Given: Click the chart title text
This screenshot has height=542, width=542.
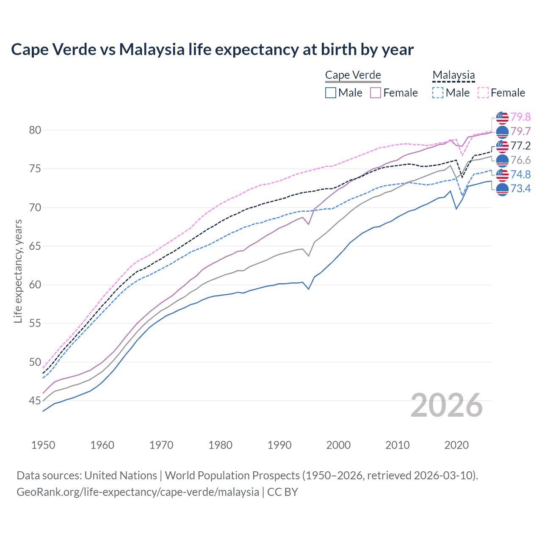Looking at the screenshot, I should (x=212, y=50).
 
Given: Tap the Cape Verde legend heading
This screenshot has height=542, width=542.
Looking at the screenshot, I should (x=353, y=75).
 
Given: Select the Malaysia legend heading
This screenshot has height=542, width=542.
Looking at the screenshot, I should (x=454, y=75).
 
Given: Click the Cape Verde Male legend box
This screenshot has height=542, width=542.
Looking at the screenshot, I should (x=331, y=93).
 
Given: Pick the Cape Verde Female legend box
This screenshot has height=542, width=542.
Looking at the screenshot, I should (x=376, y=93).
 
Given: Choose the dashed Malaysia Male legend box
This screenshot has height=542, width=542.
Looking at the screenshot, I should (x=438, y=93).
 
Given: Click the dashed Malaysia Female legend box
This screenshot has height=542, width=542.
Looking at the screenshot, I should (x=483, y=93).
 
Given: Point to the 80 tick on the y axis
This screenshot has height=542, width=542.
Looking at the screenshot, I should (x=35, y=130).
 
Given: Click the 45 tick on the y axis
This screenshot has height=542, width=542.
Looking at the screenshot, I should (x=35, y=401).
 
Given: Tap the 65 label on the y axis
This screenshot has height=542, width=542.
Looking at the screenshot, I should (x=35, y=246).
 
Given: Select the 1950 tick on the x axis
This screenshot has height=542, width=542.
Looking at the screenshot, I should (x=43, y=445).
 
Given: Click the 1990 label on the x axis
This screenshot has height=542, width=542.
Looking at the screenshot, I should (x=279, y=445).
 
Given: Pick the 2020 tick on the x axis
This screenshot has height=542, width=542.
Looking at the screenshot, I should (x=456, y=445).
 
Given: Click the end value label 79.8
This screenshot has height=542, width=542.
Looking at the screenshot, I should (x=520, y=117).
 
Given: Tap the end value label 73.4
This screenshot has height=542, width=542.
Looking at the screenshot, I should (x=520, y=189).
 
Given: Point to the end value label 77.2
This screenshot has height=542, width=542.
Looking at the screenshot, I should (x=520, y=146).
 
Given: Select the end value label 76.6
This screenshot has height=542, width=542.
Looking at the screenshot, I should (x=520, y=160).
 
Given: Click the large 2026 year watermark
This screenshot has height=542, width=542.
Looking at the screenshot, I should (x=447, y=406).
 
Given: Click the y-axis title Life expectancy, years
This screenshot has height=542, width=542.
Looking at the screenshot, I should (x=18, y=271).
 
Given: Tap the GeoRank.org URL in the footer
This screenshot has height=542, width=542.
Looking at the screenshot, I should (x=138, y=492).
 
